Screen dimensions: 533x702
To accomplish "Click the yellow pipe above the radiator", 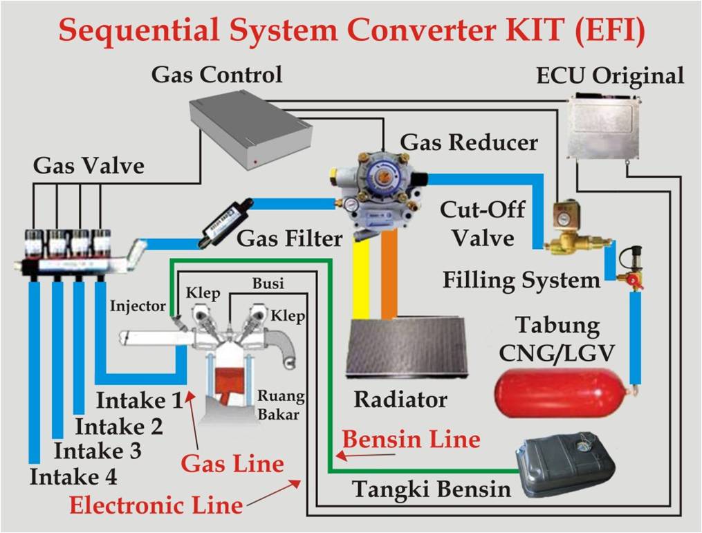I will (361, 277).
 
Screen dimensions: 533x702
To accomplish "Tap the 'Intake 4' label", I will (73, 476).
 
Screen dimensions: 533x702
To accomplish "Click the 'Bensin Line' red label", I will (411, 439).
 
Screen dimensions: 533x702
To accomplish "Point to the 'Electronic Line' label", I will (156, 505).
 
